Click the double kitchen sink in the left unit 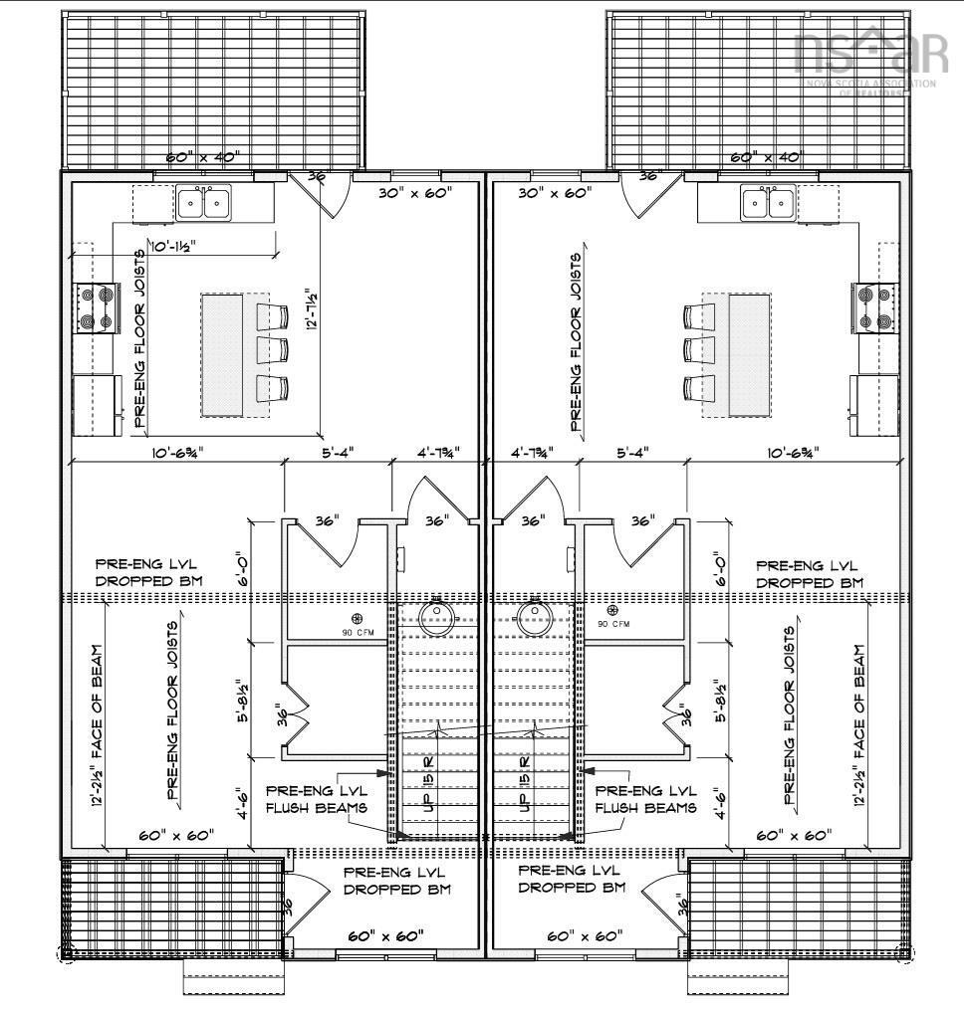pyautogui.click(x=203, y=203)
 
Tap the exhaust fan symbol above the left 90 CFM pyautogui.click(x=358, y=618)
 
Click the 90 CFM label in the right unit pyautogui.click(x=616, y=624)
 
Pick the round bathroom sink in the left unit pyautogui.click(x=436, y=617)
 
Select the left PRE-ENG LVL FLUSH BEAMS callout pyautogui.click(x=315, y=797)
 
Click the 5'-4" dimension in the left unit pyautogui.click(x=336, y=453)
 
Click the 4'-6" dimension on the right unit pyautogui.click(x=720, y=801)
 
